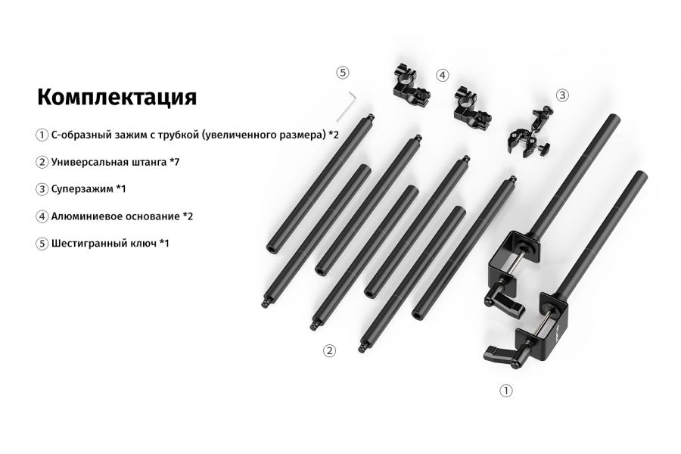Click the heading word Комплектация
click(117, 98)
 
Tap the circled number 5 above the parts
click(343, 73)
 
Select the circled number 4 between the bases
click(443, 75)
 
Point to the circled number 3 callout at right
click(562, 95)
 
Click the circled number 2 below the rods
click(329, 350)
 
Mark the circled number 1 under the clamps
click(506, 390)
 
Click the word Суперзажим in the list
click(82, 188)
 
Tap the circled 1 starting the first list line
click(42, 135)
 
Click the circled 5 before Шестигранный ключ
click(42, 244)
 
